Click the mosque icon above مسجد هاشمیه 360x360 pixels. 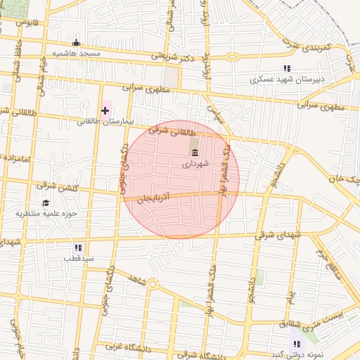tap(77, 43)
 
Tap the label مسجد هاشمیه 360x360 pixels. tap(77, 53)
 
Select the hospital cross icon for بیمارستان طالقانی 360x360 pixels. tap(105, 110)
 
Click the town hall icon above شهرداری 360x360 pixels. tap(195, 153)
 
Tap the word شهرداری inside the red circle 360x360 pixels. tap(195, 164)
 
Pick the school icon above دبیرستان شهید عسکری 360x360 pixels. tap(287, 68)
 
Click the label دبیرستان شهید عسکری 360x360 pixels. tap(288, 79)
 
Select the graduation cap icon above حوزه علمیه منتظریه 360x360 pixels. tap(46, 202)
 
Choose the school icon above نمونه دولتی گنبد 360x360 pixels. tap(297, 343)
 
